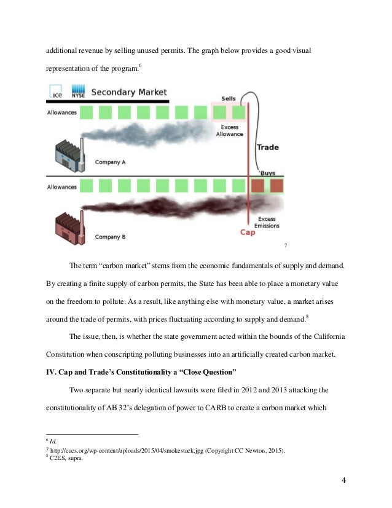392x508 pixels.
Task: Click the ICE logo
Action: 57,92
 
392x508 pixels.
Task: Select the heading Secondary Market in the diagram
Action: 129,92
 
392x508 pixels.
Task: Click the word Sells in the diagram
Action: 228,98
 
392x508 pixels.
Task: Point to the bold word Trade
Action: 267,147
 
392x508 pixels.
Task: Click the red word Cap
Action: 248,232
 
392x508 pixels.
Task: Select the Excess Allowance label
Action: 230,130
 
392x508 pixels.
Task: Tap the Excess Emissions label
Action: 267,222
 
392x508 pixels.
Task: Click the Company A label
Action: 110,163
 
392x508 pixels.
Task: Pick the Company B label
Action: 110,236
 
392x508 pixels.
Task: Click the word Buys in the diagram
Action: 267,173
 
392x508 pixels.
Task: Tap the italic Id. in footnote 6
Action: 55,442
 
